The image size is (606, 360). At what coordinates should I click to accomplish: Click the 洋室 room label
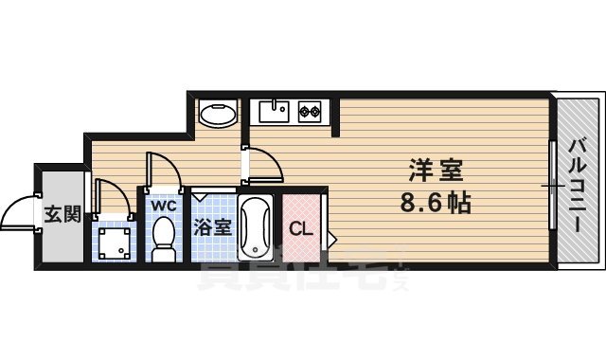click(436, 172)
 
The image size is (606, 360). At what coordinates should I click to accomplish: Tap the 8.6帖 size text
click(436, 203)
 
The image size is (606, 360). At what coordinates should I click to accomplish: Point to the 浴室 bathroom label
click(212, 227)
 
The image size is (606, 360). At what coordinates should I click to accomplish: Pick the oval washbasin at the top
click(219, 115)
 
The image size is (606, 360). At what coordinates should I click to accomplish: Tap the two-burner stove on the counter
click(310, 112)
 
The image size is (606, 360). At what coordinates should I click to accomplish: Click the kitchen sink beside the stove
click(276, 112)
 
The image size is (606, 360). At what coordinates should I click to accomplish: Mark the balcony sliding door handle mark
click(551, 186)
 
